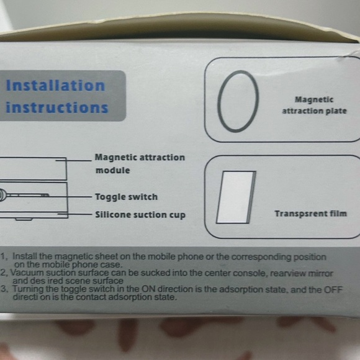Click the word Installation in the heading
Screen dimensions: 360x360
click(55, 86)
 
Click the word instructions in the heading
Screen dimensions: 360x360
click(56, 107)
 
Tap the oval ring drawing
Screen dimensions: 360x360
click(239, 101)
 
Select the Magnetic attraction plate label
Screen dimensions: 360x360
click(314, 105)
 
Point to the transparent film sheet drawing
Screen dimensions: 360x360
click(234, 197)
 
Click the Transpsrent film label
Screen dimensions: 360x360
click(310, 214)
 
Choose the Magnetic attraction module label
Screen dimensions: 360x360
click(140, 163)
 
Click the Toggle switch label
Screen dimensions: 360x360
click(126, 197)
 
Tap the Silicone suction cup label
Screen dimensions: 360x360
click(140, 215)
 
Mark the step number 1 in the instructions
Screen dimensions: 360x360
click(4, 255)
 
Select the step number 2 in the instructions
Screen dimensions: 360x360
click(4, 272)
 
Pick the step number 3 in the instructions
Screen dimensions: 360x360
click(4, 289)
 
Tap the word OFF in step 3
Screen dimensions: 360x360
click(332, 289)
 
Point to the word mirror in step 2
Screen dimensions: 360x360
click(320, 272)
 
